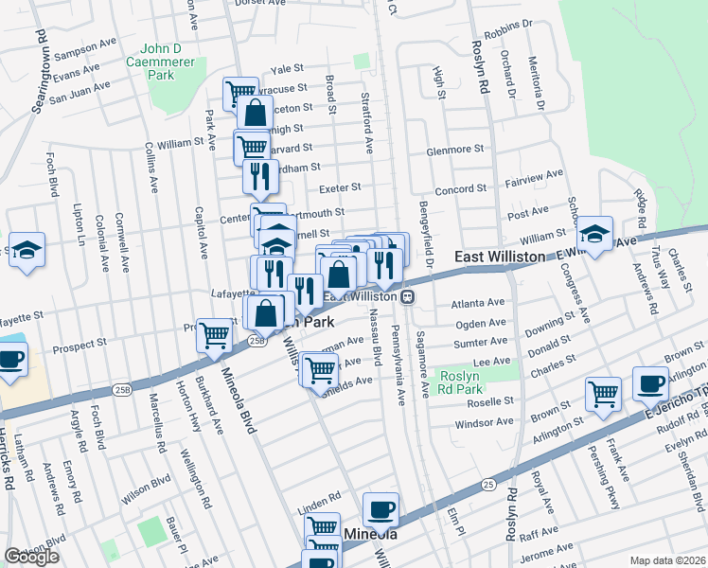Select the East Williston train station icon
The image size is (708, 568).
coord(407,296)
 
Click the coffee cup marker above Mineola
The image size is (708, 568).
coord(381,509)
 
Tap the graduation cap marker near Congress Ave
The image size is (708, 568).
coord(594,235)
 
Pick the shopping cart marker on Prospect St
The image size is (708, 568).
coord(215,334)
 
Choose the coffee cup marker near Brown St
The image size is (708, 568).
coord(650,383)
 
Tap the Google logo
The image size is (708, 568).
coord(31,557)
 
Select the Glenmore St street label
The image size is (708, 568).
coord(455,150)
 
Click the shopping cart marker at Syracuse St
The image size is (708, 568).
coord(239,93)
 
